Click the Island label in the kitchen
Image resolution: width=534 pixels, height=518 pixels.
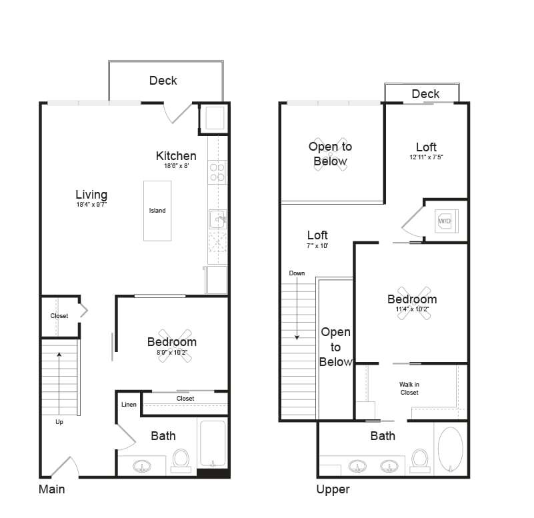pyautogui.click(x=157, y=211)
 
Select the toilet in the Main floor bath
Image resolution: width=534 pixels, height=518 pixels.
pyautogui.click(x=181, y=459)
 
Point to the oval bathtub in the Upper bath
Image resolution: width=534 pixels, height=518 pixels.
pyautogui.click(x=451, y=451)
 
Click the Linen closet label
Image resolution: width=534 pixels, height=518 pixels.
pyautogui.click(x=129, y=405)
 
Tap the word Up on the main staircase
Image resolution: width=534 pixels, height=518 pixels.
pyautogui.click(x=59, y=421)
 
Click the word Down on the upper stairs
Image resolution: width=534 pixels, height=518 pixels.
pyautogui.click(x=297, y=273)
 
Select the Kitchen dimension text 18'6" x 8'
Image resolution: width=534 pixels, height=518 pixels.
pyautogui.click(x=176, y=167)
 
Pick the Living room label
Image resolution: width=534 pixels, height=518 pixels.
pyautogui.click(x=91, y=195)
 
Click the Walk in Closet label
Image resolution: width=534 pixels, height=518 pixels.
pyautogui.click(x=409, y=389)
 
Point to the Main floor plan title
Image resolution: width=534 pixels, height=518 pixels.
pyautogui.click(x=51, y=489)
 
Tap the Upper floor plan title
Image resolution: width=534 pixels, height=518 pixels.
pyautogui.click(x=333, y=489)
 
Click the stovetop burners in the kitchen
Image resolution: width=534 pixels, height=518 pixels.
pyautogui.click(x=217, y=172)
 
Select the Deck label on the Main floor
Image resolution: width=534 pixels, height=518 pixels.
pyautogui.click(x=163, y=81)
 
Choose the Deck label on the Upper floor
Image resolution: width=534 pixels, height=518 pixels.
pyautogui.click(x=425, y=94)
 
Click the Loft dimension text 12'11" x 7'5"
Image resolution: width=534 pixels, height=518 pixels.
pyautogui.click(x=426, y=157)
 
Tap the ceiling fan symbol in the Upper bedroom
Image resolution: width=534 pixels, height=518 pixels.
pyautogui.click(x=411, y=304)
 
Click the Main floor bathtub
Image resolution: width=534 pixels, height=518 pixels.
pyautogui.click(x=213, y=443)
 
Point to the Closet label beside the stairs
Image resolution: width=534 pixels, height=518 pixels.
pyautogui.click(x=59, y=315)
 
